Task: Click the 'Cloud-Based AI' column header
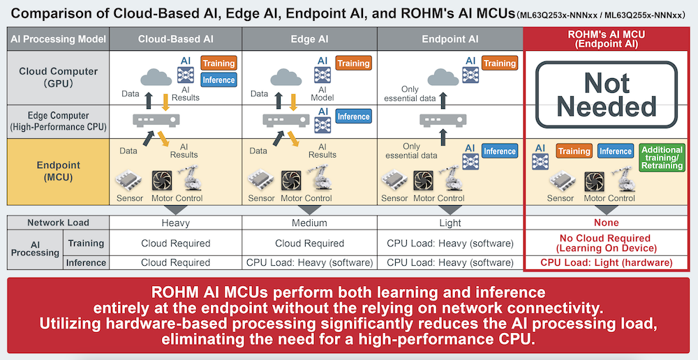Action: (x=175, y=39)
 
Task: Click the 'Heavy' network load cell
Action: (x=175, y=223)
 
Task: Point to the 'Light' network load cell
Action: (x=450, y=223)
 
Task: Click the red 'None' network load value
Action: (x=606, y=223)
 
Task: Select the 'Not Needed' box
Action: (x=606, y=95)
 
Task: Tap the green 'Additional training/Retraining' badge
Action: (x=661, y=158)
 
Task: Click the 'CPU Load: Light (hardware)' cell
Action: (x=606, y=263)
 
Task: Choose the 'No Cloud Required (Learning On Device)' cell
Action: (x=606, y=243)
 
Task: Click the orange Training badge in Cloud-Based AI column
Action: (x=218, y=63)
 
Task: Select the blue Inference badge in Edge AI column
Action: (x=353, y=117)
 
